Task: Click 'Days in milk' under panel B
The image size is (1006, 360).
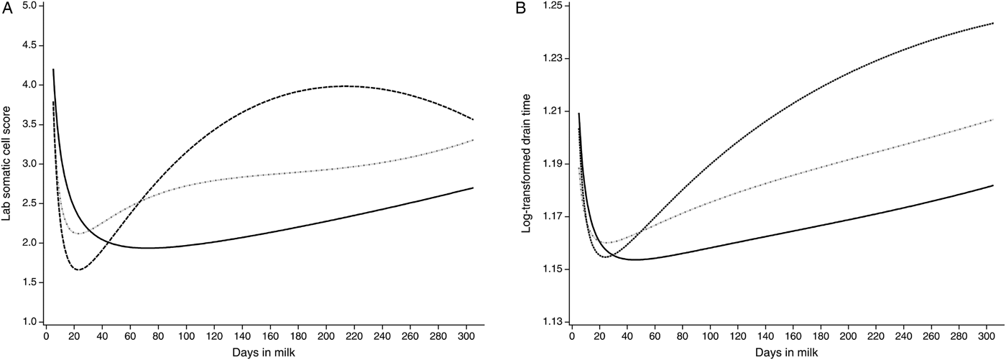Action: pyautogui.click(x=783, y=352)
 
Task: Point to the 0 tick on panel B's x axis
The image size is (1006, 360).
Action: pyautogui.click(x=572, y=336)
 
